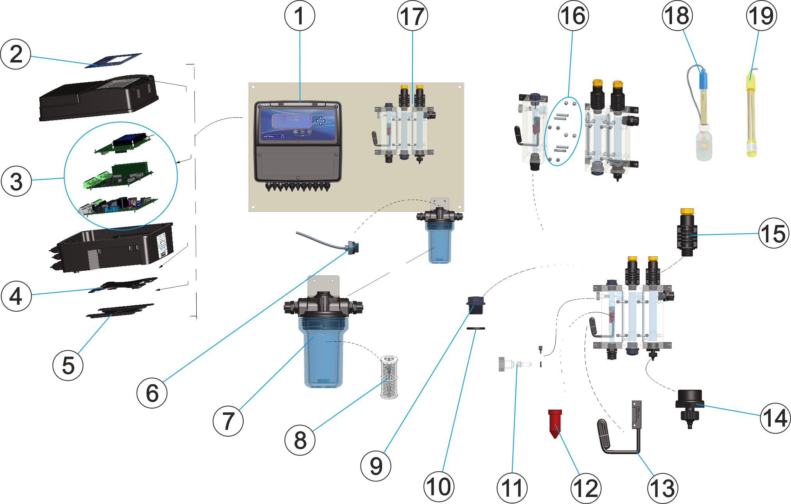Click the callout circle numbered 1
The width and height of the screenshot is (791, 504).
pos(299,16)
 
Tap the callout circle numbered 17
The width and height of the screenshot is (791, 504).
pos(412,16)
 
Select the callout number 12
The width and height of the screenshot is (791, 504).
pos(585,488)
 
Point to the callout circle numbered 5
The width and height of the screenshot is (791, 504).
pos(68,365)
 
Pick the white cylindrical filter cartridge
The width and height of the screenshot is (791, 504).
pos(389,377)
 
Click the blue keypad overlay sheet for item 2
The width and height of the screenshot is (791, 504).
pos(113,60)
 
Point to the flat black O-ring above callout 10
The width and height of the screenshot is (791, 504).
pos(476,328)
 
